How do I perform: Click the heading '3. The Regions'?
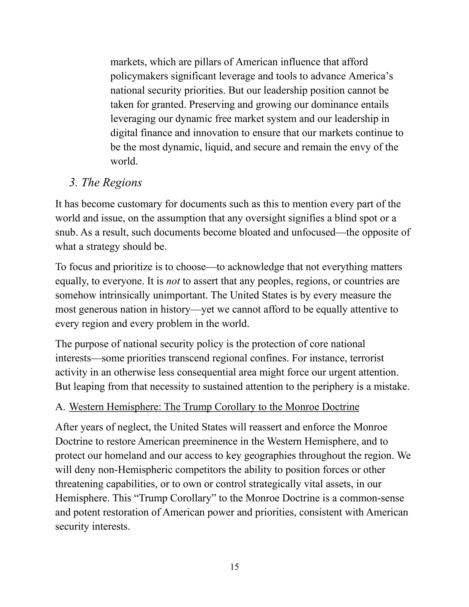pos(106,183)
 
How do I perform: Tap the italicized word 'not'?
pos(173,281)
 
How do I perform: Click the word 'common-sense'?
pos(371,498)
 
